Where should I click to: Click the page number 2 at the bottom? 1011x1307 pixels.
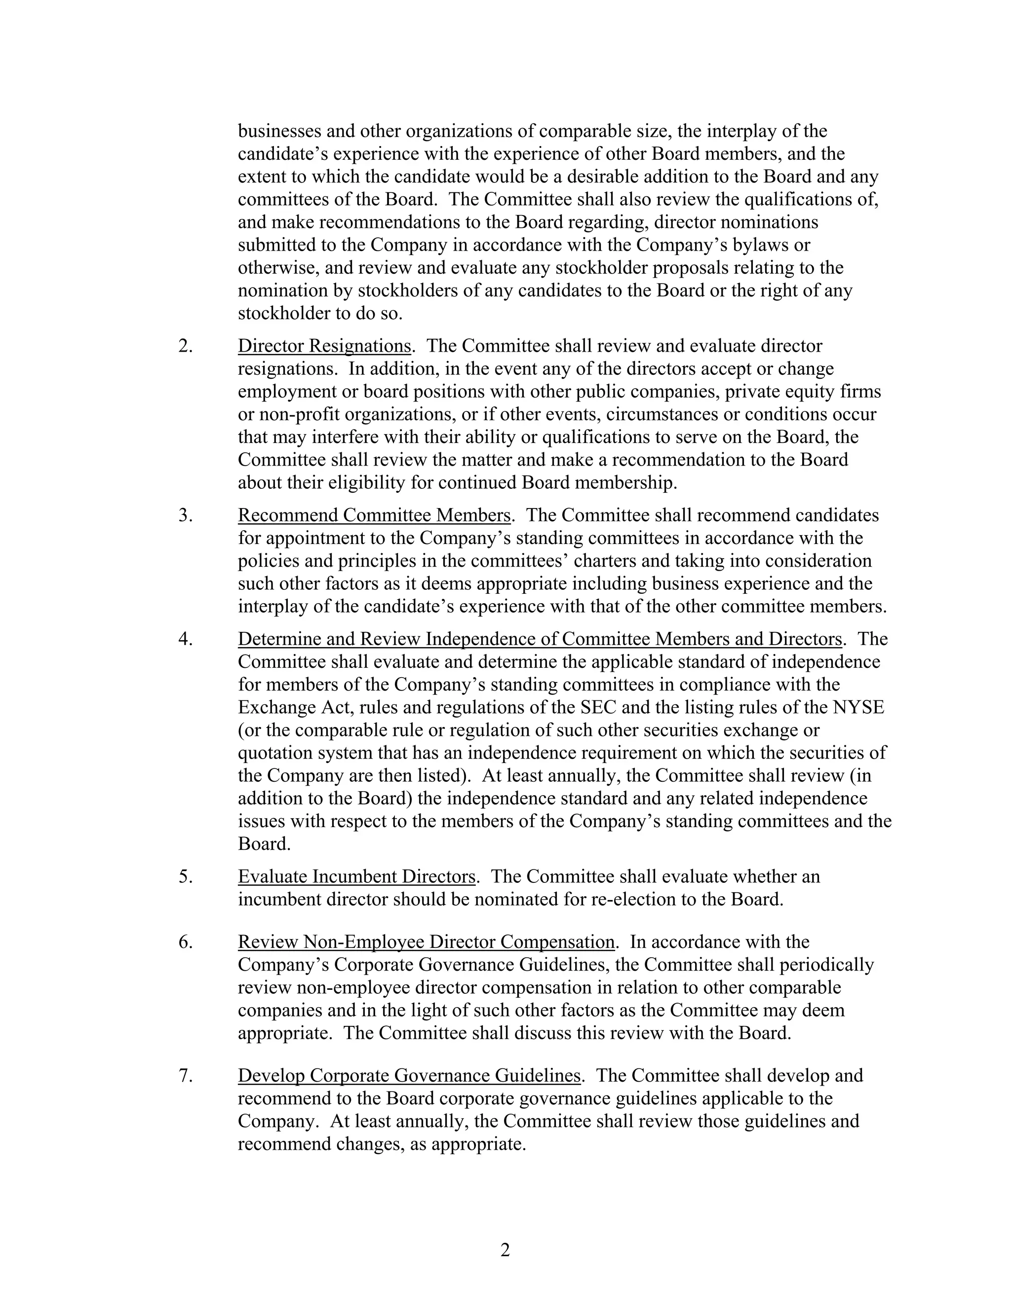click(505, 1250)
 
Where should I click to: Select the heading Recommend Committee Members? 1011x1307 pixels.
click(374, 515)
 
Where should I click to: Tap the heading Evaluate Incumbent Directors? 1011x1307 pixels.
click(357, 877)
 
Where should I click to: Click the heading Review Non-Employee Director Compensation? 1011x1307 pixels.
click(427, 942)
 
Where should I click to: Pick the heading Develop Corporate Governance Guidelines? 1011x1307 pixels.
click(409, 1075)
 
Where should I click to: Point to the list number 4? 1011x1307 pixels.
click(185, 639)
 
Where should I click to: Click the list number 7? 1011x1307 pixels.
click(185, 1075)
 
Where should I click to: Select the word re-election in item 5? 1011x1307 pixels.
click(623, 900)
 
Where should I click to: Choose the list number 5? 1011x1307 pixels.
click(185, 877)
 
